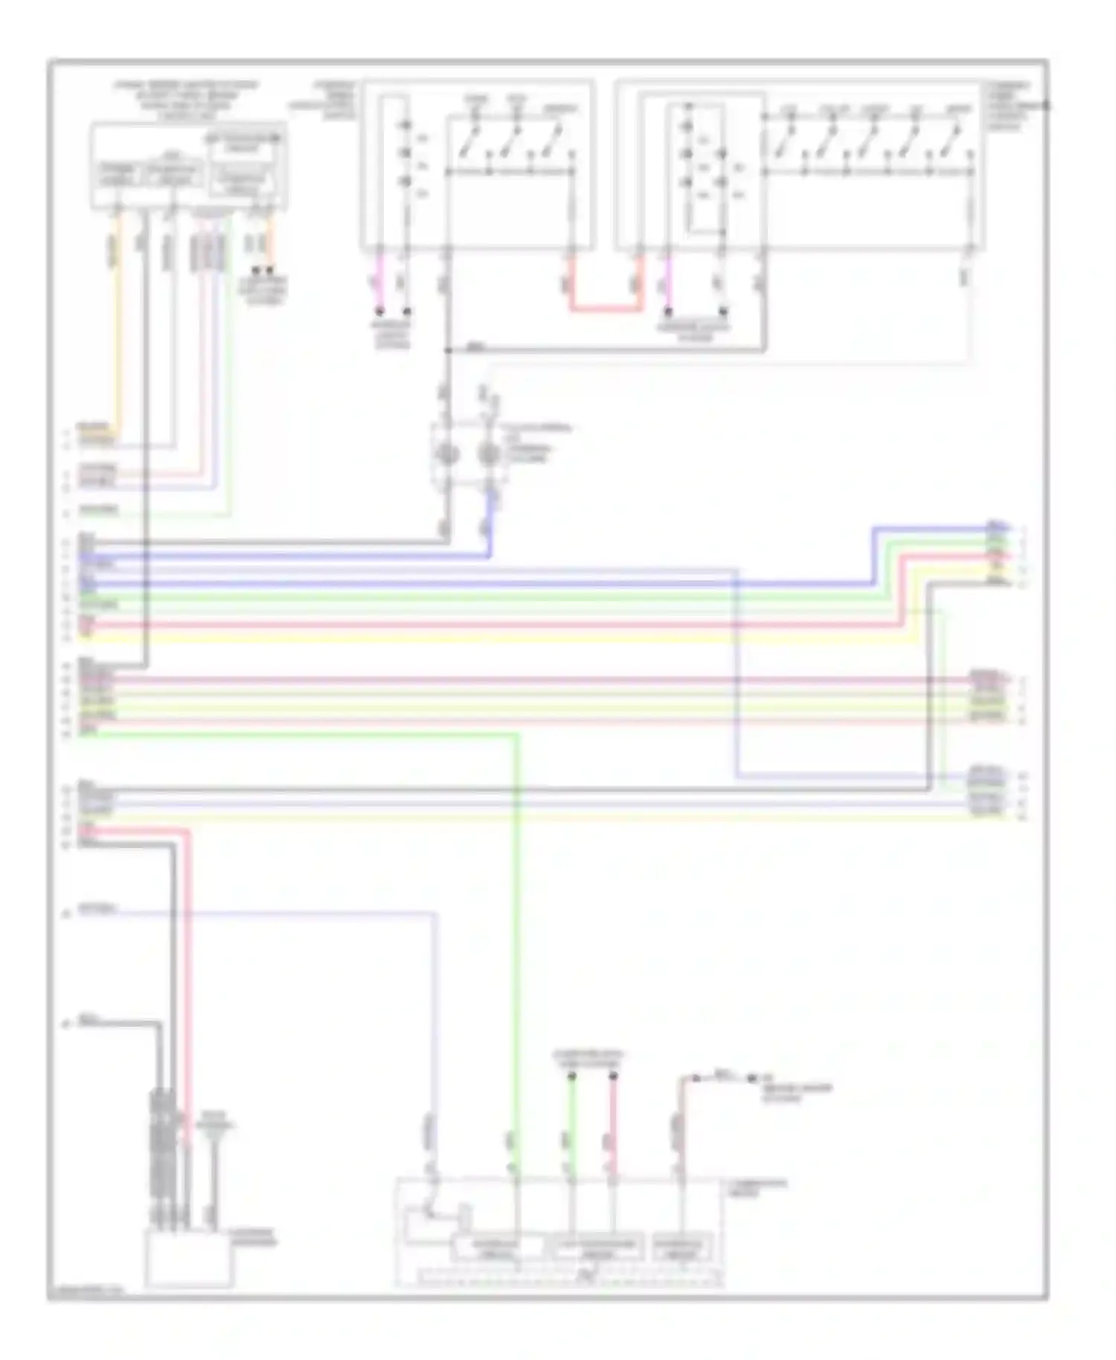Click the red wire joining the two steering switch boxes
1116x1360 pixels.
604,307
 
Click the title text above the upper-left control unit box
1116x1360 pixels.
187,96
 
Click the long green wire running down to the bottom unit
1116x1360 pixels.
516,930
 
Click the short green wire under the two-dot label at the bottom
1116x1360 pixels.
572,1116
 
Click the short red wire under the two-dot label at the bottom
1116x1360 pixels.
614,1116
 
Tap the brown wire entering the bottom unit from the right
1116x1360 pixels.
679,1123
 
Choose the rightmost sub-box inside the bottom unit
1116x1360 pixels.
682,1248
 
